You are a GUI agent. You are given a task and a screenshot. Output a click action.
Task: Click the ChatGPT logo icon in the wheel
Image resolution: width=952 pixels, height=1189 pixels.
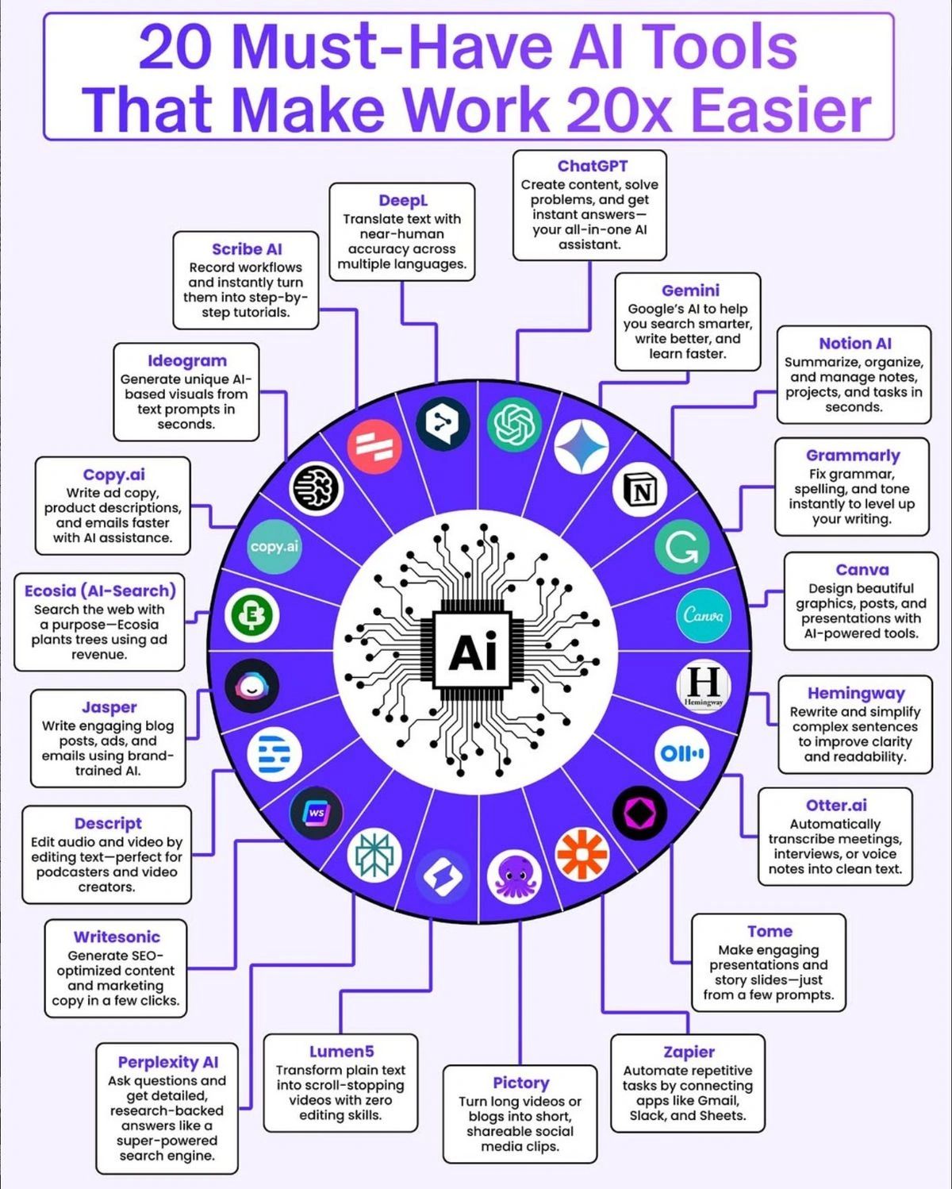pyautogui.click(x=513, y=424)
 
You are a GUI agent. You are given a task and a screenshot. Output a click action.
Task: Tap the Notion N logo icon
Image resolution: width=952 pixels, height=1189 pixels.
pyautogui.click(x=639, y=492)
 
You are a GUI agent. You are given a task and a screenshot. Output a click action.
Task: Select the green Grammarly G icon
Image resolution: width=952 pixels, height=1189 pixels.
pyautogui.click(x=681, y=546)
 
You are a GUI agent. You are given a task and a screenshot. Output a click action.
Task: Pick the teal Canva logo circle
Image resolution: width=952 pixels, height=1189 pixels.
pyautogui.click(x=703, y=615)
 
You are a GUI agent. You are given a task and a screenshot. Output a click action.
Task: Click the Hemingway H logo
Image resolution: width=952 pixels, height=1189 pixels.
pyautogui.click(x=704, y=685)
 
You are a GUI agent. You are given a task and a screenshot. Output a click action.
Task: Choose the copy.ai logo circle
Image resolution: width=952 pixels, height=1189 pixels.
pyautogui.click(x=274, y=546)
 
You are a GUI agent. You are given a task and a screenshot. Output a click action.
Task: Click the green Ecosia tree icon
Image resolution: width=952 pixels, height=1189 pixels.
pyautogui.click(x=252, y=615)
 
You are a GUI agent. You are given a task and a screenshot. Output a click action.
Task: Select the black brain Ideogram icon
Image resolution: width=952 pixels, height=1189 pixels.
pyautogui.click(x=316, y=487)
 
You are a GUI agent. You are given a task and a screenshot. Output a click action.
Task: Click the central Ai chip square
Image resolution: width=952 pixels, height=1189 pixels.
pyautogui.click(x=474, y=652)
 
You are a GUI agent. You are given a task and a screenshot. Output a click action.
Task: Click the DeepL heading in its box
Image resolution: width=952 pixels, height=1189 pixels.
pyautogui.click(x=402, y=201)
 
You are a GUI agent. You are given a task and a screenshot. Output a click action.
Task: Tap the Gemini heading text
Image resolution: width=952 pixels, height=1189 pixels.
pyautogui.click(x=690, y=291)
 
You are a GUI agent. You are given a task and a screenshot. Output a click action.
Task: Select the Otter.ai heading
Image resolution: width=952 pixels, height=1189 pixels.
pyautogui.click(x=836, y=806)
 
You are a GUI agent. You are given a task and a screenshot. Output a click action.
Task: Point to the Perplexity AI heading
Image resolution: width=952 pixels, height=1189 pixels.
pyautogui.click(x=167, y=1062)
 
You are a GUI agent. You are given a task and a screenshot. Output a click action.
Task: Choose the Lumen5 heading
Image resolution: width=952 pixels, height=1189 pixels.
pyautogui.click(x=341, y=1052)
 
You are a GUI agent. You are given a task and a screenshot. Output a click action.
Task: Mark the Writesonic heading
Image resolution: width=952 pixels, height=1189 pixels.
pyautogui.click(x=117, y=937)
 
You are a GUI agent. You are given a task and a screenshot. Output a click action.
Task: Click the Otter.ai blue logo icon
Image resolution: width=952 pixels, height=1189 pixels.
pyautogui.click(x=681, y=752)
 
